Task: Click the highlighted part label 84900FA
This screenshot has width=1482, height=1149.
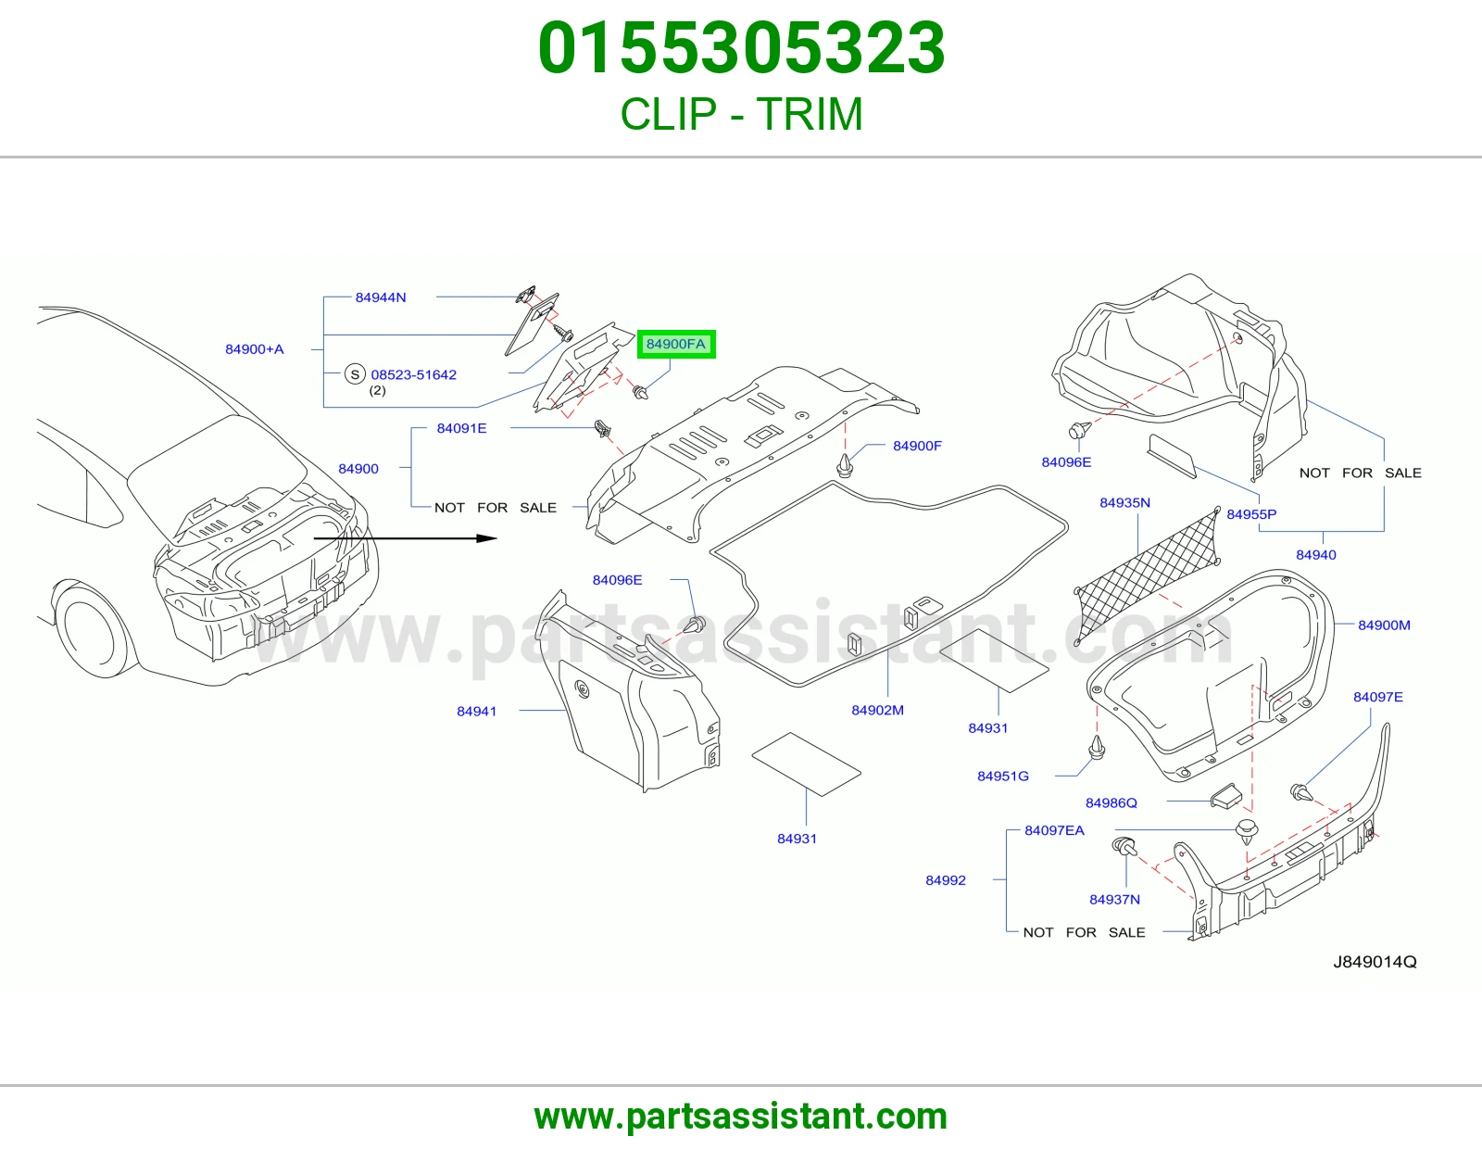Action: (x=676, y=344)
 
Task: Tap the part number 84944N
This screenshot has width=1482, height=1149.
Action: (x=381, y=297)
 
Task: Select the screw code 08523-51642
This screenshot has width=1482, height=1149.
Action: (x=413, y=374)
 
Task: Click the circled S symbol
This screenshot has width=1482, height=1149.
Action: (x=355, y=374)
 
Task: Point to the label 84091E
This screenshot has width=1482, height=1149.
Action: (x=461, y=428)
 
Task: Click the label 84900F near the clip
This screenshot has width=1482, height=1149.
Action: (x=917, y=446)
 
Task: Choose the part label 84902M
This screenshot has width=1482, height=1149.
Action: (x=878, y=711)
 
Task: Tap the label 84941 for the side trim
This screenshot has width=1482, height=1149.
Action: (x=476, y=711)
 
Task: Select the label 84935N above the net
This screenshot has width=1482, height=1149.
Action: (x=1124, y=503)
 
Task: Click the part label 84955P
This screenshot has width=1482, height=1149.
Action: (x=1251, y=514)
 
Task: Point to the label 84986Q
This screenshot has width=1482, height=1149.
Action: (x=1111, y=803)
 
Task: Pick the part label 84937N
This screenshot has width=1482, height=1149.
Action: (x=1114, y=899)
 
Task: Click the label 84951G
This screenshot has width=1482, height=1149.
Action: (x=1002, y=776)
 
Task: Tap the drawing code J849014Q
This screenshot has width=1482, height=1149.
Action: (x=1375, y=962)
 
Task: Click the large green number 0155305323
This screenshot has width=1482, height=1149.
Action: (x=741, y=47)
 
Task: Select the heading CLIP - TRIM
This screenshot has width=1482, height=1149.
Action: (x=741, y=113)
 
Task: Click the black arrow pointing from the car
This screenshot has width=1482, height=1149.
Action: (x=405, y=538)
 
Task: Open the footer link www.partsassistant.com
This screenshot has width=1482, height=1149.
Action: (x=741, y=1117)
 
